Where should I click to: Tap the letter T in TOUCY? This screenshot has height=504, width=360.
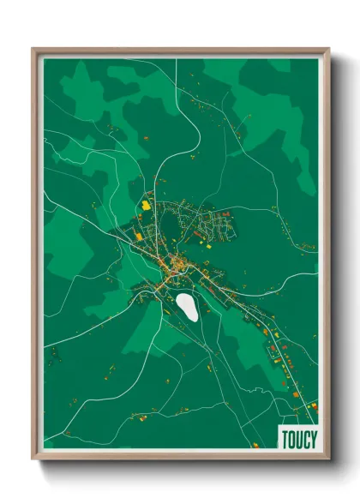(x=285, y=438)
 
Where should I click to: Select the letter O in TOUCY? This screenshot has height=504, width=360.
(x=291, y=438)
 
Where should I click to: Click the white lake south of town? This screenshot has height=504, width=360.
(x=187, y=306)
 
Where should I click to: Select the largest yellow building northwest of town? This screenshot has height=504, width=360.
(x=146, y=205)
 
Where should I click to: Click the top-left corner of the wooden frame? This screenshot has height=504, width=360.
(x=33, y=49)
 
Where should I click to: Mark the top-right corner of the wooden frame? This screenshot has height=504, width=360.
(x=328, y=49)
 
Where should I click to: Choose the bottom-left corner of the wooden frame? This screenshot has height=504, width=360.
(x=33, y=460)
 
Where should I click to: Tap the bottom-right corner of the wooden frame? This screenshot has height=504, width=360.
(x=328, y=460)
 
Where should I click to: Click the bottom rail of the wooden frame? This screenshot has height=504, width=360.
(x=180, y=457)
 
